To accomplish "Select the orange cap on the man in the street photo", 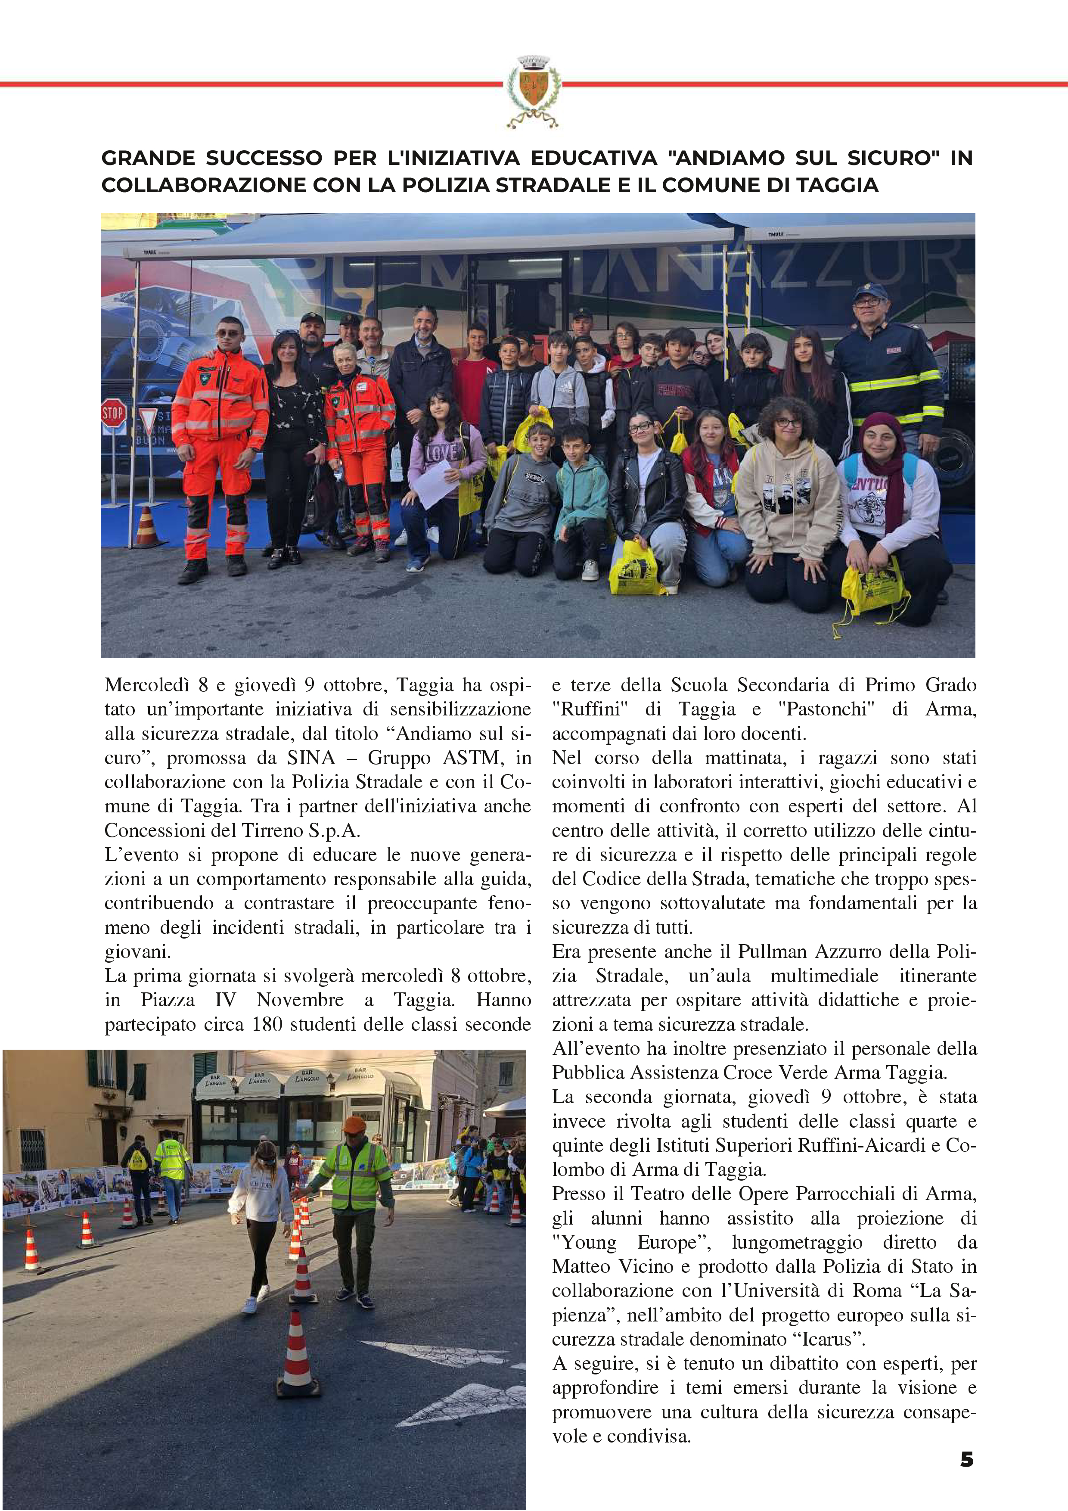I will (x=354, y=1124).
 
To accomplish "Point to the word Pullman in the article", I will (x=773, y=951).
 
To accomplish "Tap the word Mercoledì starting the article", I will (x=147, y=685).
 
